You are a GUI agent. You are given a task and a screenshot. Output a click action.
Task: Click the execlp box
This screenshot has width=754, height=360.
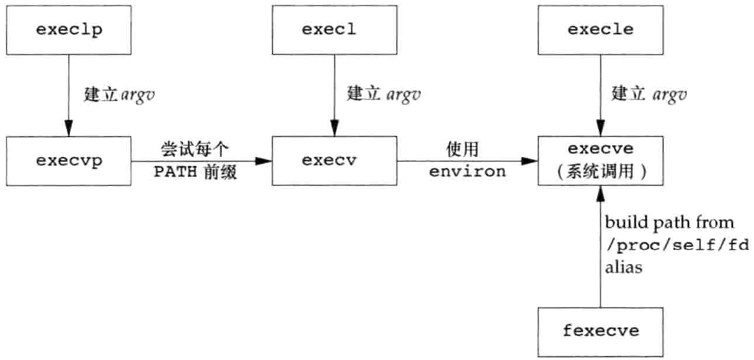[x=69, y=29]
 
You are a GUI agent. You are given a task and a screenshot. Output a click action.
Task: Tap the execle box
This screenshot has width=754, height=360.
[x=601, y=29]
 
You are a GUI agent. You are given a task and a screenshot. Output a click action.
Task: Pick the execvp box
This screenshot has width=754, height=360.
[x=69, y=161]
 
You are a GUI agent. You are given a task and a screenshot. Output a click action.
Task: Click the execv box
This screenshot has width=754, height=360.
[x=334, y=161]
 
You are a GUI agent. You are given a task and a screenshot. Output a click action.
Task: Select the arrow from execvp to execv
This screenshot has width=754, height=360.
[x=200, y=161]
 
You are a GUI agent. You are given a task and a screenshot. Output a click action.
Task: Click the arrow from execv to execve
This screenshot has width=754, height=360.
[x=467, y=161]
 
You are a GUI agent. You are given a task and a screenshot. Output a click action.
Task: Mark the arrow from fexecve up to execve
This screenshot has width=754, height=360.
[x=600, y=247]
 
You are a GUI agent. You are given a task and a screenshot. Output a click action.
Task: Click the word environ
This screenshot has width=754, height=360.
[x=467, y=172]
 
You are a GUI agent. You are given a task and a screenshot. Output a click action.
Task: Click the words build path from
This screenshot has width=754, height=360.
[x=670, y=223]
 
